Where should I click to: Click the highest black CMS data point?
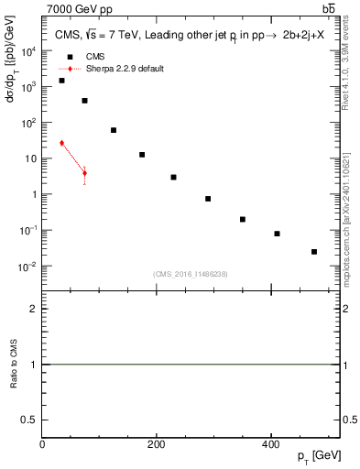click(x=61, y=81)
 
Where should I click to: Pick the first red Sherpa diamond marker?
click(x=61, y=143)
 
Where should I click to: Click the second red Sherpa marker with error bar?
click(x=84, y=172)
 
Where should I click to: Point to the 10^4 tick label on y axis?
click(x=28, y=51)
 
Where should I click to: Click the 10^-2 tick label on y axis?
click(x=28, y=267)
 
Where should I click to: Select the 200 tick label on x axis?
click(x=157, y=444)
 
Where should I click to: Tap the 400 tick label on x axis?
click(x=271, y=444)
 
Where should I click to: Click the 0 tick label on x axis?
click(x=42, y=444)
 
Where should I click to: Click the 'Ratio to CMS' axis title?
click(x=14, y=364)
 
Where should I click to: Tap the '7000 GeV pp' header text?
click(x=77, y=8)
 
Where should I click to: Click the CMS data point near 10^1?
click(x=142, y=155)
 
